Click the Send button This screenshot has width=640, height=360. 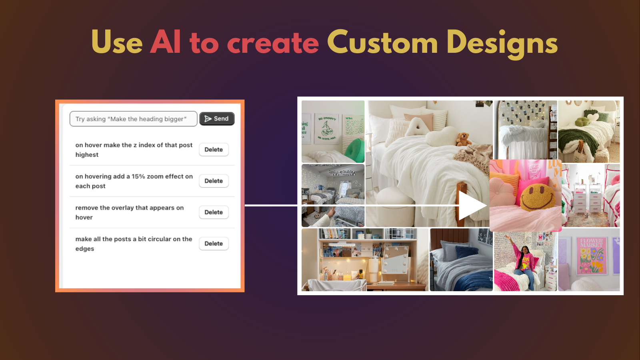point(217,119)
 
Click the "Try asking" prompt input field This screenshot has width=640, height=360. point(133,119)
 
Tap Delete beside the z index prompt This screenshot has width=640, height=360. point(214,150)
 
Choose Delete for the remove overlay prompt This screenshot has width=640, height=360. point(214,212)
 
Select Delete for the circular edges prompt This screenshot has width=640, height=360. point(214,244)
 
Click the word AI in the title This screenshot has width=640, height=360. point(166,42)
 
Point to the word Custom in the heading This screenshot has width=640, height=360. point(382,42)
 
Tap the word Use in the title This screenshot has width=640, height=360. point(117,42)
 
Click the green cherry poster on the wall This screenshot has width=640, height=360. point(328,128)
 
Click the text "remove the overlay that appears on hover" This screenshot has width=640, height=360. point(129,212)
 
